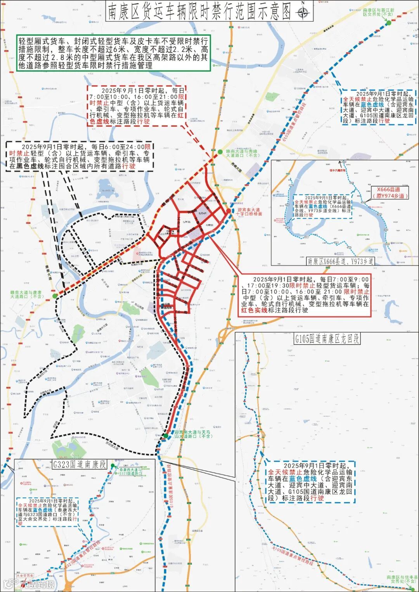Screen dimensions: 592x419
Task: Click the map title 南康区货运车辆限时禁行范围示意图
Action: coord(198,12)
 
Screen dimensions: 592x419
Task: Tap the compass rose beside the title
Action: coord(303,12)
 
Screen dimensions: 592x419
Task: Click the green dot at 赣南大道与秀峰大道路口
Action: coord(220,152)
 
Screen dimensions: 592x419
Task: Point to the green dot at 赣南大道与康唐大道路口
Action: coord(55,296)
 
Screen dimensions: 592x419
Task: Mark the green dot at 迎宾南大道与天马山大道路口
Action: coord(166,436)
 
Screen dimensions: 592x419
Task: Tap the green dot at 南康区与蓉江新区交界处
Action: coord(389,23)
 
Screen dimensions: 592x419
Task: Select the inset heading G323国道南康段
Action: coord(80,464)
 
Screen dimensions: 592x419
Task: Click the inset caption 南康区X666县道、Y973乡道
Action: coord(341,261)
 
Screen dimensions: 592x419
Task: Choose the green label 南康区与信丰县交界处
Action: coord(402,579)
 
